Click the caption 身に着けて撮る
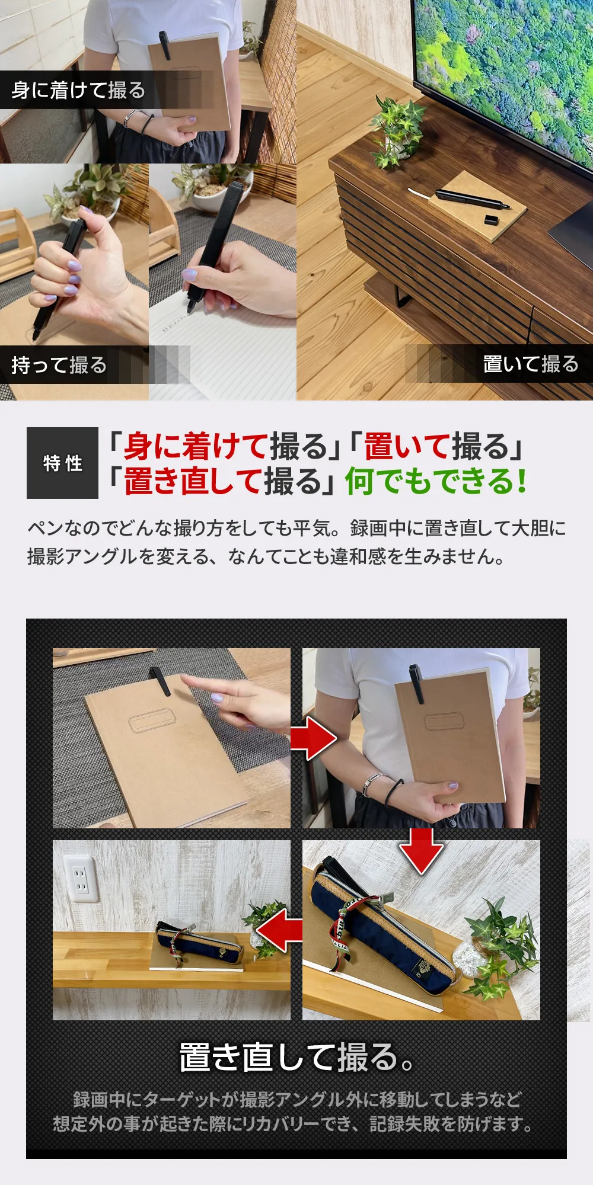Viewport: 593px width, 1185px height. coord(78,90)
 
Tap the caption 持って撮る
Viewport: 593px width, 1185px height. coord(59,365)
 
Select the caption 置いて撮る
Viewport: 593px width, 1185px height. coord(531,364)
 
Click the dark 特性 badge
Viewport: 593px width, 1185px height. coord(62,463)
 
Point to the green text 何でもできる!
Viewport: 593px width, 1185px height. coord(436,481)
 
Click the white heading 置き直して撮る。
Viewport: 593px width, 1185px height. coord(296,1057)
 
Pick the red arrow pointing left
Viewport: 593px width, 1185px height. coord(279,930)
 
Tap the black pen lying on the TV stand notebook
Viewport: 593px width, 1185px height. coord(473,199)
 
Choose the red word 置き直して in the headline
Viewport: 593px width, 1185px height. coord(192,481)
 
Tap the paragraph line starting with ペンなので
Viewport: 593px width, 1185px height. coord(296,527)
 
